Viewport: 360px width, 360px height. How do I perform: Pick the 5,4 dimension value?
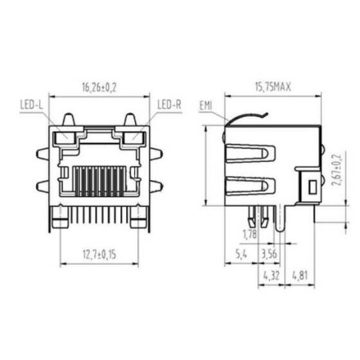coord(240,255)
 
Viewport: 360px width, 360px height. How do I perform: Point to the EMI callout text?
coord(206,105)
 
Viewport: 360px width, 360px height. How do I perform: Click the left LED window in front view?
coord(66,137)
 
